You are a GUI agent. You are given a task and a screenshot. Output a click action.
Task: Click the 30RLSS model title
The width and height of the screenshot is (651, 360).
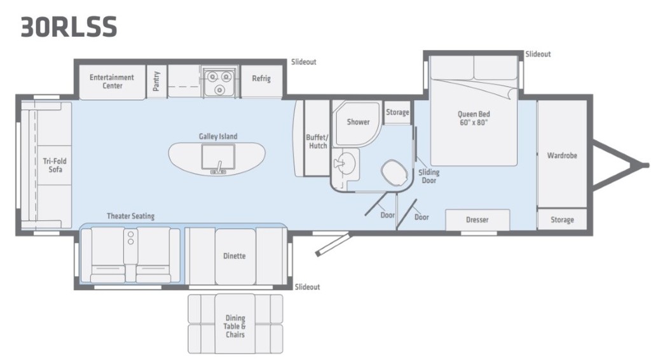[69, 27]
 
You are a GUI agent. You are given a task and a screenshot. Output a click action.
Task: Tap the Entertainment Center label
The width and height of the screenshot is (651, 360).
[112, 81]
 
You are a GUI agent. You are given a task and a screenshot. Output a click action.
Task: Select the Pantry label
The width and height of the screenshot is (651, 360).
[156, 81]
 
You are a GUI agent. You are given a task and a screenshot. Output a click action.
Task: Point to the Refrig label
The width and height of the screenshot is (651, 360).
[261, 78]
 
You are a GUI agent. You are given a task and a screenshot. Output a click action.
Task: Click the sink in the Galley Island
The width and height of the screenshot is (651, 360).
[218, 157]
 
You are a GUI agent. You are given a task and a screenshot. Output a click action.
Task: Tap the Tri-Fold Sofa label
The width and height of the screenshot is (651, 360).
[55, 165]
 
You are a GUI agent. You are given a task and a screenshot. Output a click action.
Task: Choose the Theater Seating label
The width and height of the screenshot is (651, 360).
[130, 216]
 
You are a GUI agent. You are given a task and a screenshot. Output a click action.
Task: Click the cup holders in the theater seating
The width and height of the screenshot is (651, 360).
[130, 237]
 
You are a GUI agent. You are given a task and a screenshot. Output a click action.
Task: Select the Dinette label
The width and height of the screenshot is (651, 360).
[234, 256]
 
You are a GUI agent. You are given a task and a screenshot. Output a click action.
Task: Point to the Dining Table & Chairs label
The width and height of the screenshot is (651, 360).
[235, 326]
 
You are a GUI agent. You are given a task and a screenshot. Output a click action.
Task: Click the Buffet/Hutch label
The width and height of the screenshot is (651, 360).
[317, 142]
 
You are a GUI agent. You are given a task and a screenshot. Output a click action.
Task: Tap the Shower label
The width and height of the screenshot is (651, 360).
[359, 122]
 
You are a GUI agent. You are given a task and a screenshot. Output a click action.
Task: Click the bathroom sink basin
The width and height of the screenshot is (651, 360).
[344, 162]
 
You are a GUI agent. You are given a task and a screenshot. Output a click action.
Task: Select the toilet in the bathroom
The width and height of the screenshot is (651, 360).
[394, 173]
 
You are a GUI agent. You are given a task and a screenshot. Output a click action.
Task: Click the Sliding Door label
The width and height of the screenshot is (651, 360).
[429, 176]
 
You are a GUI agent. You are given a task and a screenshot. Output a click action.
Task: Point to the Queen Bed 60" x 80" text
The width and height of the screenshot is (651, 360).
[474, 118]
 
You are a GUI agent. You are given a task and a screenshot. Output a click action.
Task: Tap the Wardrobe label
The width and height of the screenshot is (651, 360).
[562, 155]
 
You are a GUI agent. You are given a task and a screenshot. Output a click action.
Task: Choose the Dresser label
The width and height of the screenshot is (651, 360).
[477, 219]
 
